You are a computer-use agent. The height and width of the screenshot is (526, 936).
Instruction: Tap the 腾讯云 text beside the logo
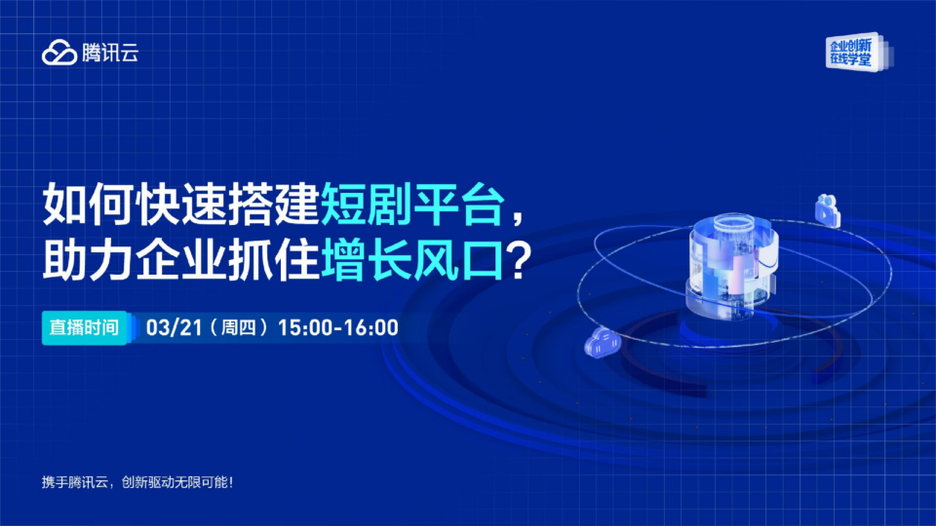coord(110,54)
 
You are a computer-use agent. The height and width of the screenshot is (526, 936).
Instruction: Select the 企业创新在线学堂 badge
coord(853,53)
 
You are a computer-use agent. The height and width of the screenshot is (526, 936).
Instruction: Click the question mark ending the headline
coord(522,260)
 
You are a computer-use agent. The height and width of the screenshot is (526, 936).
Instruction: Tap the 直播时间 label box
coord(85,327)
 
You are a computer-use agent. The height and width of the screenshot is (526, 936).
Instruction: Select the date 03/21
coord(166,327)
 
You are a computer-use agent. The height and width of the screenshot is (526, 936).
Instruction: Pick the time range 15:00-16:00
coord(337,327)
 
